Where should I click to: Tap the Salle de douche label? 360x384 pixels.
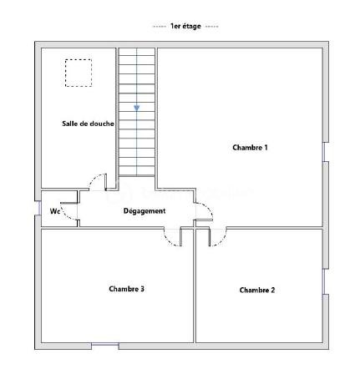click(x=88, y=124)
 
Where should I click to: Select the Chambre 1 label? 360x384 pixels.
click(x=250, y=148)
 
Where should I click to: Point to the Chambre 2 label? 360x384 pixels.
click(x=256, y=291)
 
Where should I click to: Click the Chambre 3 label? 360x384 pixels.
click(x=127, y=289)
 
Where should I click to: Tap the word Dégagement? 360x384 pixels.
click(x=145, y=210)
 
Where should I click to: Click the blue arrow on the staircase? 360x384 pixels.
click(x=137, y=108)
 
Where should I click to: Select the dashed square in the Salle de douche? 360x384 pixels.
click(x=79, y=73)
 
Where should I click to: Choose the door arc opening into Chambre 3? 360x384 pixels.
click(x=175, y=238)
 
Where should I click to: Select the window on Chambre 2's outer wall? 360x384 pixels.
click(x=324, y=281)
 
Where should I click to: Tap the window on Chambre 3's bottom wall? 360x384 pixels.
click(x=104, y=346)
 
